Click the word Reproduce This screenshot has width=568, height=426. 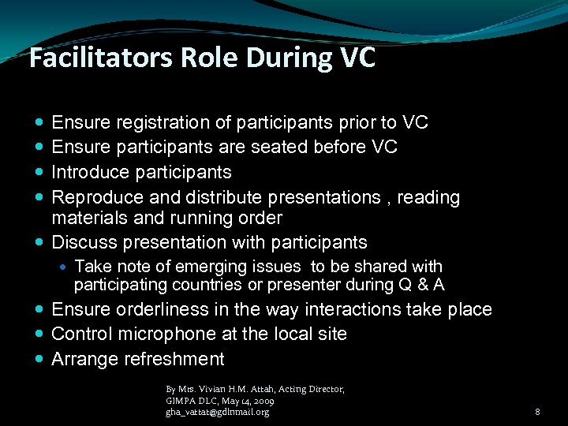pos(93,196)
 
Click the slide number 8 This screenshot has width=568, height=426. pos(537,412)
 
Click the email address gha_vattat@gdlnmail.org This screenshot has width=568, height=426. pos(217,412)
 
